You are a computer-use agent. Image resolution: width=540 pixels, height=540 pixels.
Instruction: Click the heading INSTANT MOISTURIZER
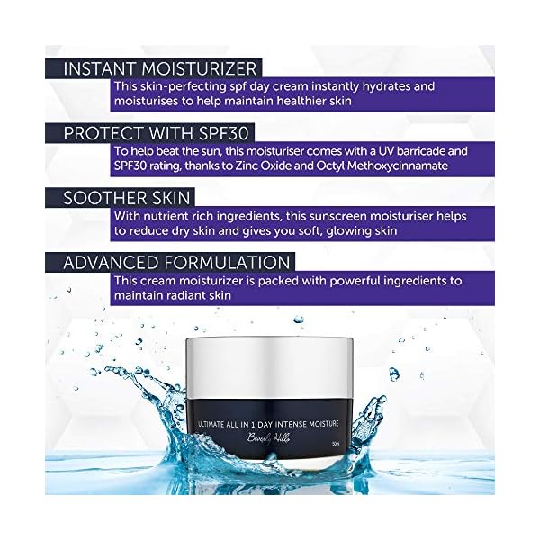pyautogui.click(x=159, y=67)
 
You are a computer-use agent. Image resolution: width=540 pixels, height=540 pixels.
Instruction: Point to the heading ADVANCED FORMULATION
pyautogui.click(x=178, y=262)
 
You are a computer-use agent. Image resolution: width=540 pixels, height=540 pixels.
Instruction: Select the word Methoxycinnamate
pyautogui.click(x=420, y=166)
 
